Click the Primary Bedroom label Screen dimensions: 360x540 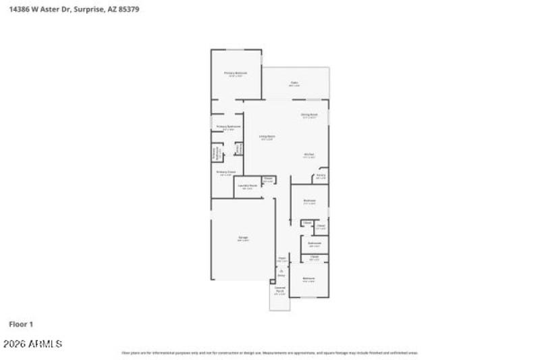pos(236,73)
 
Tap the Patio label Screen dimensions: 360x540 pos(294,84)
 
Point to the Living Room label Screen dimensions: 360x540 pos(267,138)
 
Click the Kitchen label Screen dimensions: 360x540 pos(308,155)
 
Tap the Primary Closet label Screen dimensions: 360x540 pos(226,173)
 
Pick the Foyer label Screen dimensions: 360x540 pos(282,259)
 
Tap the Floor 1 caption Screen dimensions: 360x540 pos(20,324)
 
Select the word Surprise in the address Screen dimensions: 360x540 pos(88,10)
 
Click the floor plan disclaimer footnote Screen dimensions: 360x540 pos(269,353)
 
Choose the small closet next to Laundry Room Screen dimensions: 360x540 pos(268,180)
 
